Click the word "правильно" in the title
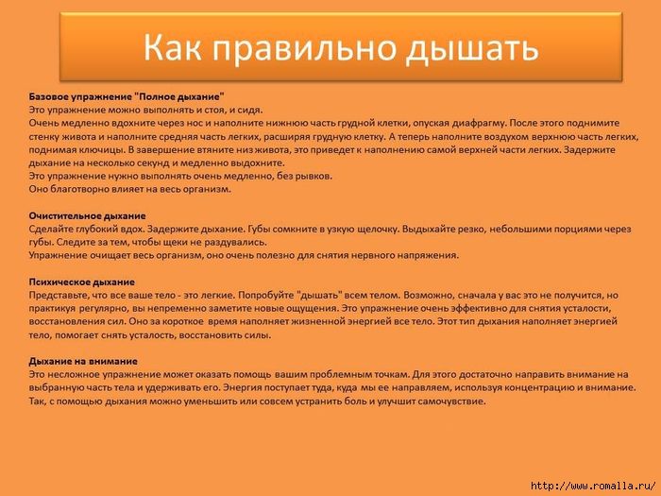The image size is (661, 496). coord(307,48)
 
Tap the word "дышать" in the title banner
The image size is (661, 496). coord(472,48)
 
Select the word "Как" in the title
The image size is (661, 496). coord(172,46)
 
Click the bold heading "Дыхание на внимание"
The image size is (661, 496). coord(83,362)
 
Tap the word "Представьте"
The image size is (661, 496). coord(58,296)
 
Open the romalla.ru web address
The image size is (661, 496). coord(594,486)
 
